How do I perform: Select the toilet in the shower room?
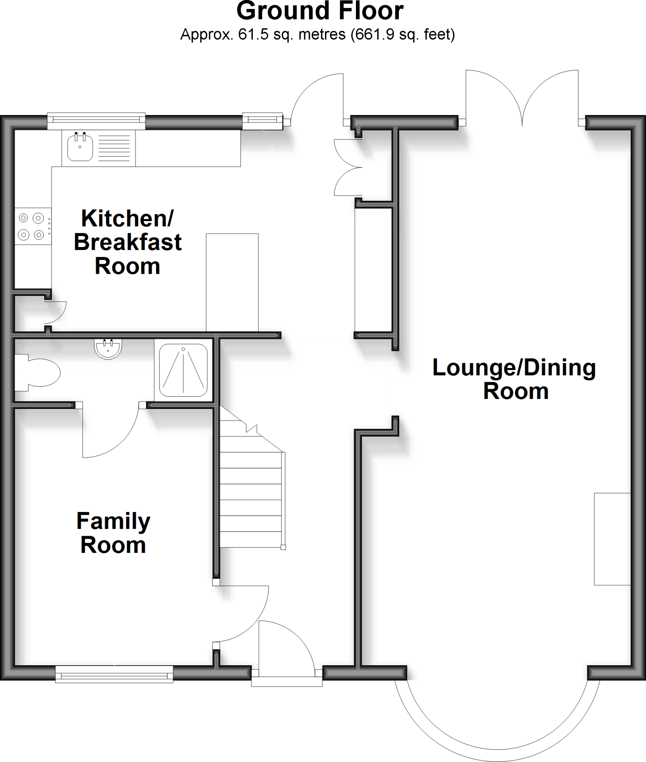click(39, 372)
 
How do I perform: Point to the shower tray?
click(183, 371)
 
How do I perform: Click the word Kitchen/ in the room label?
click(127, 218)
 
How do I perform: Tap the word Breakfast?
click(128, 242)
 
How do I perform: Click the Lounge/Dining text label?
click(514, 368)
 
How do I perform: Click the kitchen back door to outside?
click(318, 99)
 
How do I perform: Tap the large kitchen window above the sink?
click(96, 120)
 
